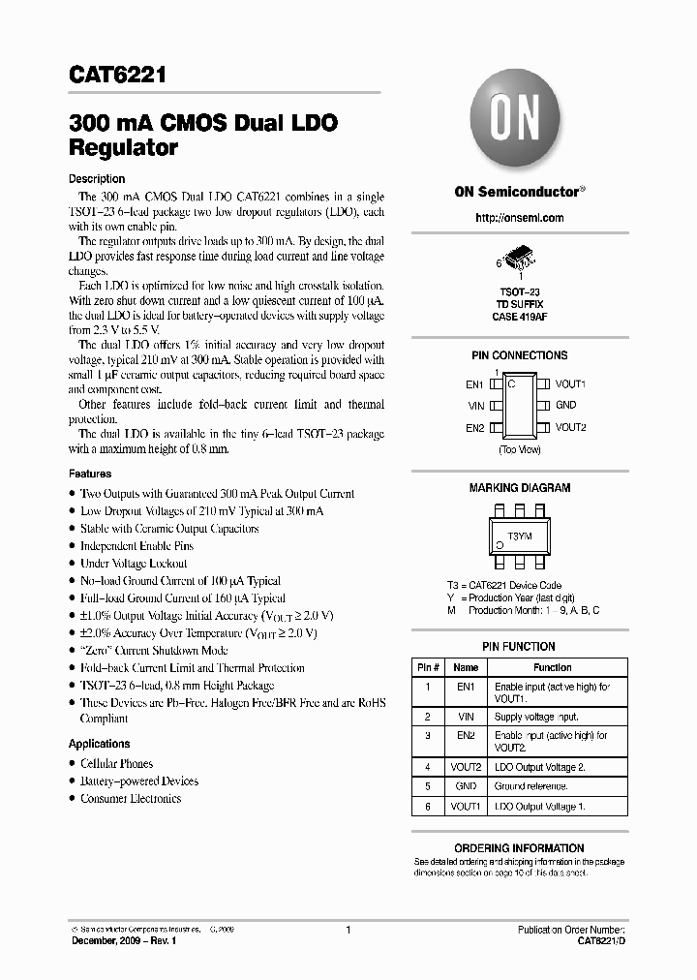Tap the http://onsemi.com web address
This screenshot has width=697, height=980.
[519, 218]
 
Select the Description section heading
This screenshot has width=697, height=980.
[97, 179]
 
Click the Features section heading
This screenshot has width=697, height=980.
[90, 475]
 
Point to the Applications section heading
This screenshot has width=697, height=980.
[99, 744]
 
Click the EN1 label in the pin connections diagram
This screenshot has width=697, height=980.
[473, 384]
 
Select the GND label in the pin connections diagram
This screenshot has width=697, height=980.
[565, 406]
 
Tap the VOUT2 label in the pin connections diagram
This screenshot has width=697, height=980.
[570, 427]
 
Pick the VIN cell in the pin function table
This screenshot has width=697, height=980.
[466, 717]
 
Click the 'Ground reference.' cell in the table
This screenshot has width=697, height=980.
[523, 786]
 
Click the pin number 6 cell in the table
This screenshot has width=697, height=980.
[428, 806]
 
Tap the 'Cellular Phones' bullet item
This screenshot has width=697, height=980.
[116, 764]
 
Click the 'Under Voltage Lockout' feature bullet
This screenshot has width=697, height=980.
[134, 564]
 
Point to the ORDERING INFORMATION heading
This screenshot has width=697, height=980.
[519, 848]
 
